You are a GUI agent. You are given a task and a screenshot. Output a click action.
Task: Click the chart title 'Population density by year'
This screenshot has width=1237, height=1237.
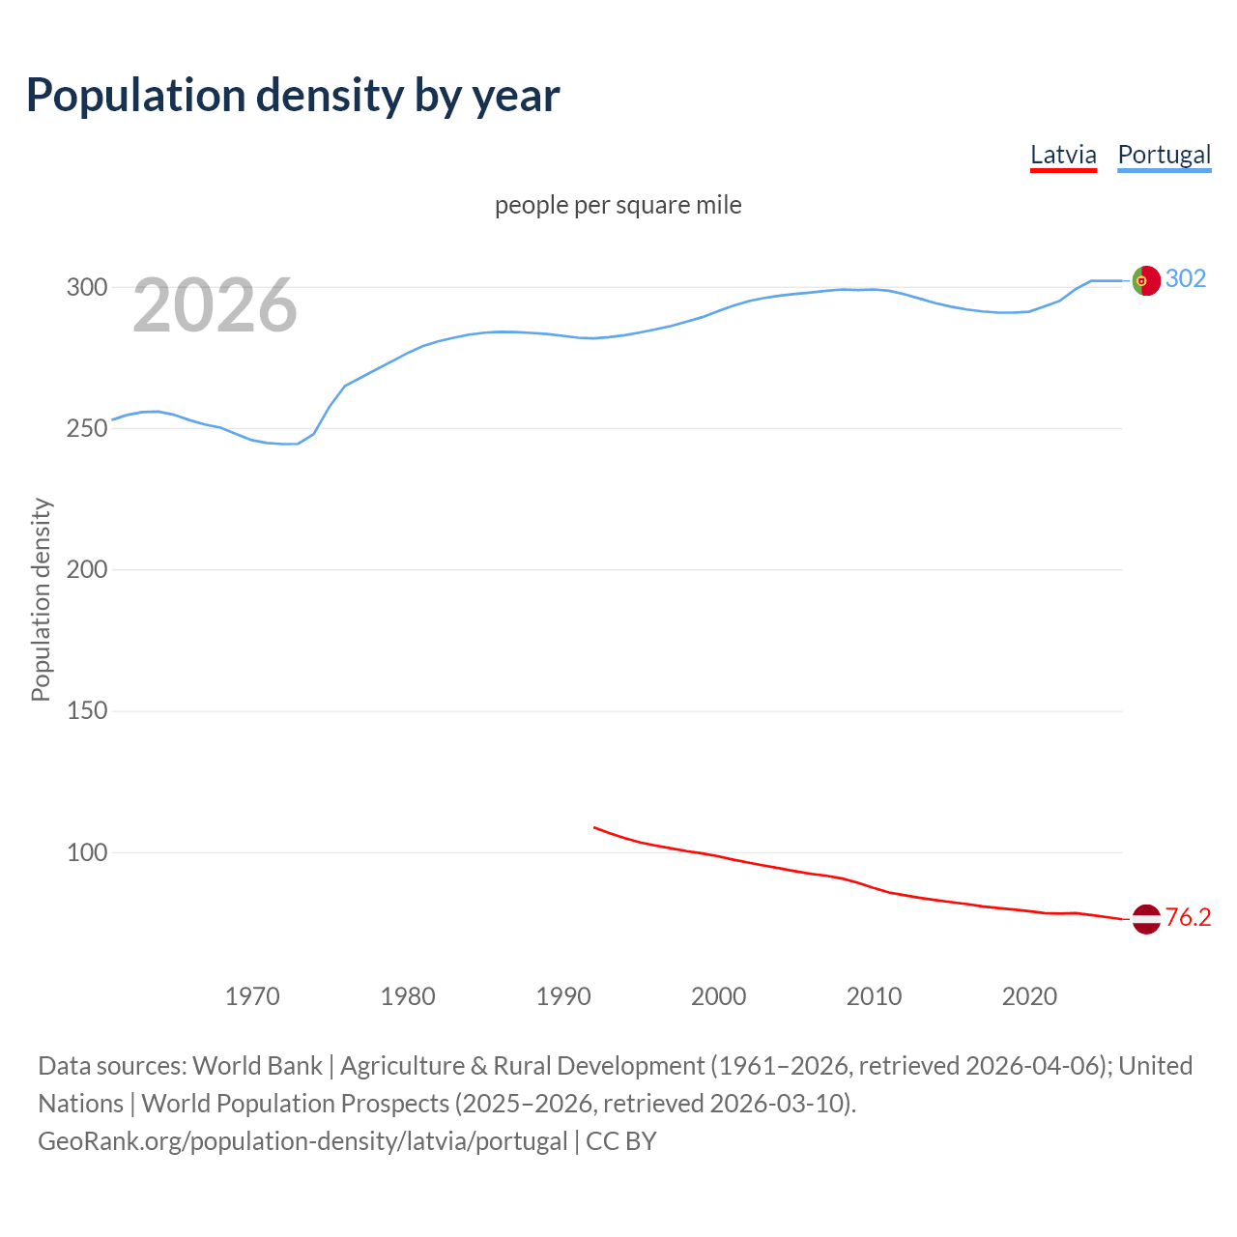pos(293,96)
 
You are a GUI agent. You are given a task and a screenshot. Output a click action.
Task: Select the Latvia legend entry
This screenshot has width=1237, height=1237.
pos(1063,156)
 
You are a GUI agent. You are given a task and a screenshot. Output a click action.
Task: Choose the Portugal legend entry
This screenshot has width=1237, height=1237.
pos(1164,156)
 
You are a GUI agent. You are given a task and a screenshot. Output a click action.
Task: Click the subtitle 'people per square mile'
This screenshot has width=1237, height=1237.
pos(618,205)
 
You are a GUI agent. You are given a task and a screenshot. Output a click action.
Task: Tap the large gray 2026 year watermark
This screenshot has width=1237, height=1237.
pos(215,305)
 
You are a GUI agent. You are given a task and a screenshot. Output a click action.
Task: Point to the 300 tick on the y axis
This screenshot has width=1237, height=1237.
pos(87,287)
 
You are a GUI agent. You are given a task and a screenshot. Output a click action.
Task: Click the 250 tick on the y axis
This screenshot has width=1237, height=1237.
pos(87,428)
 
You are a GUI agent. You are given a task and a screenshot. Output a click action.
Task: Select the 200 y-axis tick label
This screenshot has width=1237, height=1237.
pos(87,569)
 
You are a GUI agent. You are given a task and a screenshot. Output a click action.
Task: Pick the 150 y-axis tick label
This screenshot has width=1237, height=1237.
pos(87,711)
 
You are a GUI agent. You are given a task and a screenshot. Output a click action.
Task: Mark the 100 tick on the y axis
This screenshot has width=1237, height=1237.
pos(87,852)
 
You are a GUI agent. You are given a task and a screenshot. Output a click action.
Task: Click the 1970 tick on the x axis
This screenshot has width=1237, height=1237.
pos(252,996)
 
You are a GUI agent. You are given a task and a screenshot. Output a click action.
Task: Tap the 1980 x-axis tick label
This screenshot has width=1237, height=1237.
pos(408,996)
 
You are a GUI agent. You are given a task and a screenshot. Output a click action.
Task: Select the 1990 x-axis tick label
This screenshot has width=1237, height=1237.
pos(563,996)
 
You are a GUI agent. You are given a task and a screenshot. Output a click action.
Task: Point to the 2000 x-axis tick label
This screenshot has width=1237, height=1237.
pos(718,996)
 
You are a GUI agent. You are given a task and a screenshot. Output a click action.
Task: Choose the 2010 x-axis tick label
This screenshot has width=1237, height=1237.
pos(874,996)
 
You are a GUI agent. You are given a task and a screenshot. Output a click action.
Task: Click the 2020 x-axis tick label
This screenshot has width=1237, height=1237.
pos(1029,996)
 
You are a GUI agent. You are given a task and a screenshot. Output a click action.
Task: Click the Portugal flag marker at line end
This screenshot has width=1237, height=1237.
pos(1146,280)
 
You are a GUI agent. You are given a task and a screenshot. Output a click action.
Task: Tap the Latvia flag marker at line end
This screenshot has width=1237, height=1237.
pos(1146,919)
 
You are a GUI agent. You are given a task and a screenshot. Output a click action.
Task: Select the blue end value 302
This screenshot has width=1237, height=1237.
pos(1186,279)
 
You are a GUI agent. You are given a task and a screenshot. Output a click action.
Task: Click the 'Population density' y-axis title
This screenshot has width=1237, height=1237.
pos(41,599)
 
